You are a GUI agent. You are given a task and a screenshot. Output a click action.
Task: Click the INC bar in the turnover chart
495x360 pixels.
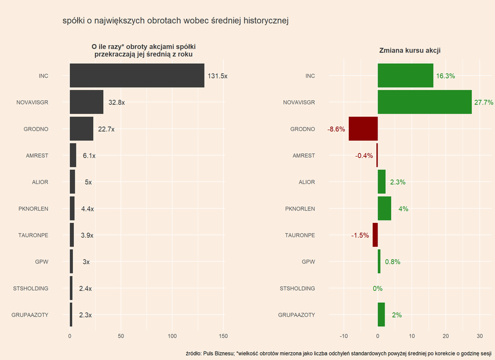click(x=137, y=76)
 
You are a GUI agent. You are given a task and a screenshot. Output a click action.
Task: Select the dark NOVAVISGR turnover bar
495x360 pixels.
click(x=86, y=102)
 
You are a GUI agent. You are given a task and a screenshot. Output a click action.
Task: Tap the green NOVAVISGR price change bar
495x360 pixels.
click(x=425, y=102)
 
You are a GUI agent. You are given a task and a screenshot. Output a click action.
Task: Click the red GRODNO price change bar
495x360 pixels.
click(x=363, y=129)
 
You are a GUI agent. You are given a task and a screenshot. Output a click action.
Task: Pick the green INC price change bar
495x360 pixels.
click(x=406, y=76)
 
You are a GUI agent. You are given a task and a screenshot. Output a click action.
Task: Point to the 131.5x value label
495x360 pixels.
click(x=217, y=76)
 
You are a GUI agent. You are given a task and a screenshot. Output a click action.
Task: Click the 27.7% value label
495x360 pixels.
click(x=483, y=103)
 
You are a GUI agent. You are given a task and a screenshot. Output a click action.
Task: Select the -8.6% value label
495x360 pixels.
click(x=336, y=129)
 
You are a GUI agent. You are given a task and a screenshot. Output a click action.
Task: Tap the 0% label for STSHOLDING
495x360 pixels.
click(x=378, y=289)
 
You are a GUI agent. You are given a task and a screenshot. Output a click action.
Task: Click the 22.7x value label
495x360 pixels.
click(x=106, y=129)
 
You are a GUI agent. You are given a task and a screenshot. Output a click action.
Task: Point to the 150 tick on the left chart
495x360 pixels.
click(x=224, y=336)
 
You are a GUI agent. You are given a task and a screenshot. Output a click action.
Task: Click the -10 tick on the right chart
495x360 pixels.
click(x=344, y=336)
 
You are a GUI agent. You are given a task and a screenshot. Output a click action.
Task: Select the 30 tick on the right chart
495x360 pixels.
click(x=480, y=336)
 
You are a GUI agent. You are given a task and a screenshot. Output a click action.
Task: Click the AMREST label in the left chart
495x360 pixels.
click(x=37, y=156)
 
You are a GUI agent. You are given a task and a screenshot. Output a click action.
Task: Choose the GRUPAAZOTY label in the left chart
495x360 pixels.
click(x=30, y=315)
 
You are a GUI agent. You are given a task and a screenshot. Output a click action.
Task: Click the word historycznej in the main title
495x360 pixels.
click(x=262, y=21)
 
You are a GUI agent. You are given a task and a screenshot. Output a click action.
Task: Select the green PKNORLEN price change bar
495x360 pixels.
click(x=384, y=209)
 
